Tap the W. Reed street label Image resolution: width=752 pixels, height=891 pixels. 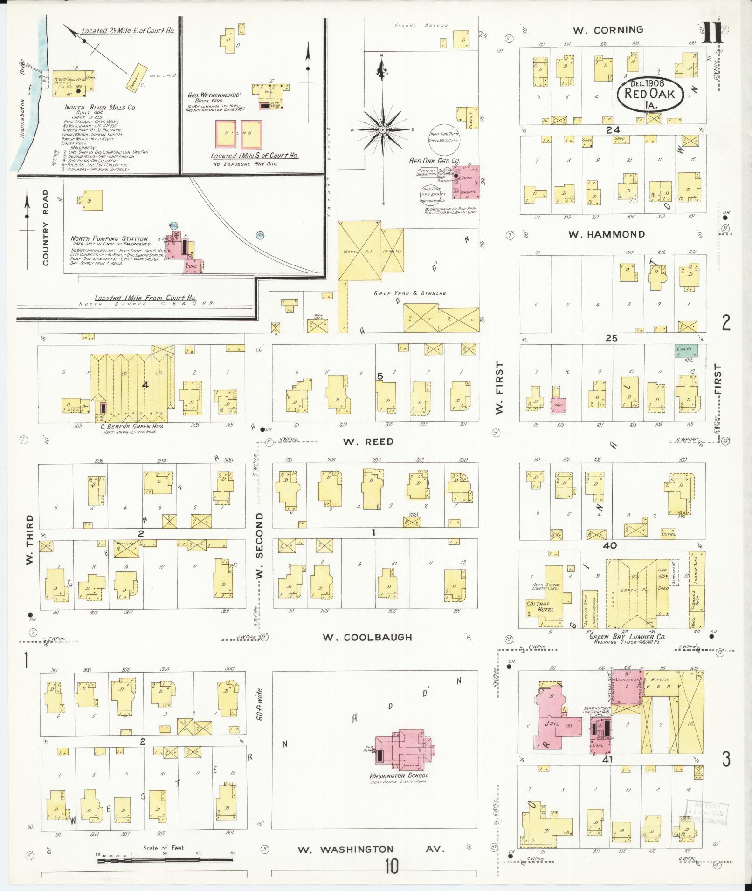click(x=368, y=442)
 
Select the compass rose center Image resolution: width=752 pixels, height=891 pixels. click(x=382, y=129)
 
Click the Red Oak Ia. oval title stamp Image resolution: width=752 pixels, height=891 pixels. click(x=651, y=94)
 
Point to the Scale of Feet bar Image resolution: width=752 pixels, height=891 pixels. click(x=166, y=860)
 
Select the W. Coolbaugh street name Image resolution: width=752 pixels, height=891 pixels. click(x=368, y=637)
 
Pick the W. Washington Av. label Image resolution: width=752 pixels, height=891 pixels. click(x=372, y=850)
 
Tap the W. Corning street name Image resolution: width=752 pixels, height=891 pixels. click(x=608, y=30)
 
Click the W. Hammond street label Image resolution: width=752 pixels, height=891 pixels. click(x=607, y=234)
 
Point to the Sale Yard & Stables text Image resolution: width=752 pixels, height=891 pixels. click(x=410, y=293)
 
